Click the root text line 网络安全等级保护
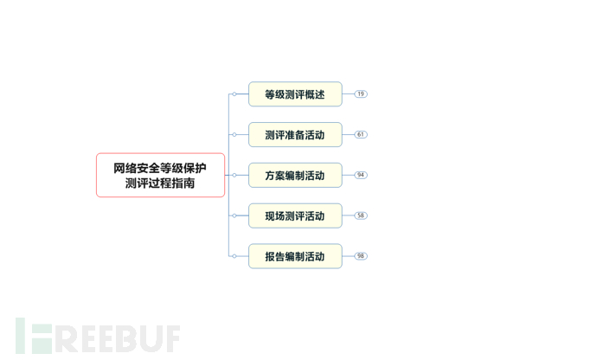click(160, 168)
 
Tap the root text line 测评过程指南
click(160, 183)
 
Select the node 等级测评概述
click(295, 94)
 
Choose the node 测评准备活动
click(295, 135)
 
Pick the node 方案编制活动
click(295, 176)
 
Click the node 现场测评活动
click(295, 216)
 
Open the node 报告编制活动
click(295, 256)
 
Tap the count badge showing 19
click(361, 94)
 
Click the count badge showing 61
click(361, 135)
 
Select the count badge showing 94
click(361, 176)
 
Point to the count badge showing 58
click(361, 216)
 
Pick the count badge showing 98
click(361, 256)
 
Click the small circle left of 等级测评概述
click(234, 94)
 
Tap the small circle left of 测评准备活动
click(234, 135)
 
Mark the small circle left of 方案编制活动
click(234, 176)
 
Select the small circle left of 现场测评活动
click(234, 216)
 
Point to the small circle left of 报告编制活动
click(234, 256)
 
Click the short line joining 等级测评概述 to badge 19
click(348, 94)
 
